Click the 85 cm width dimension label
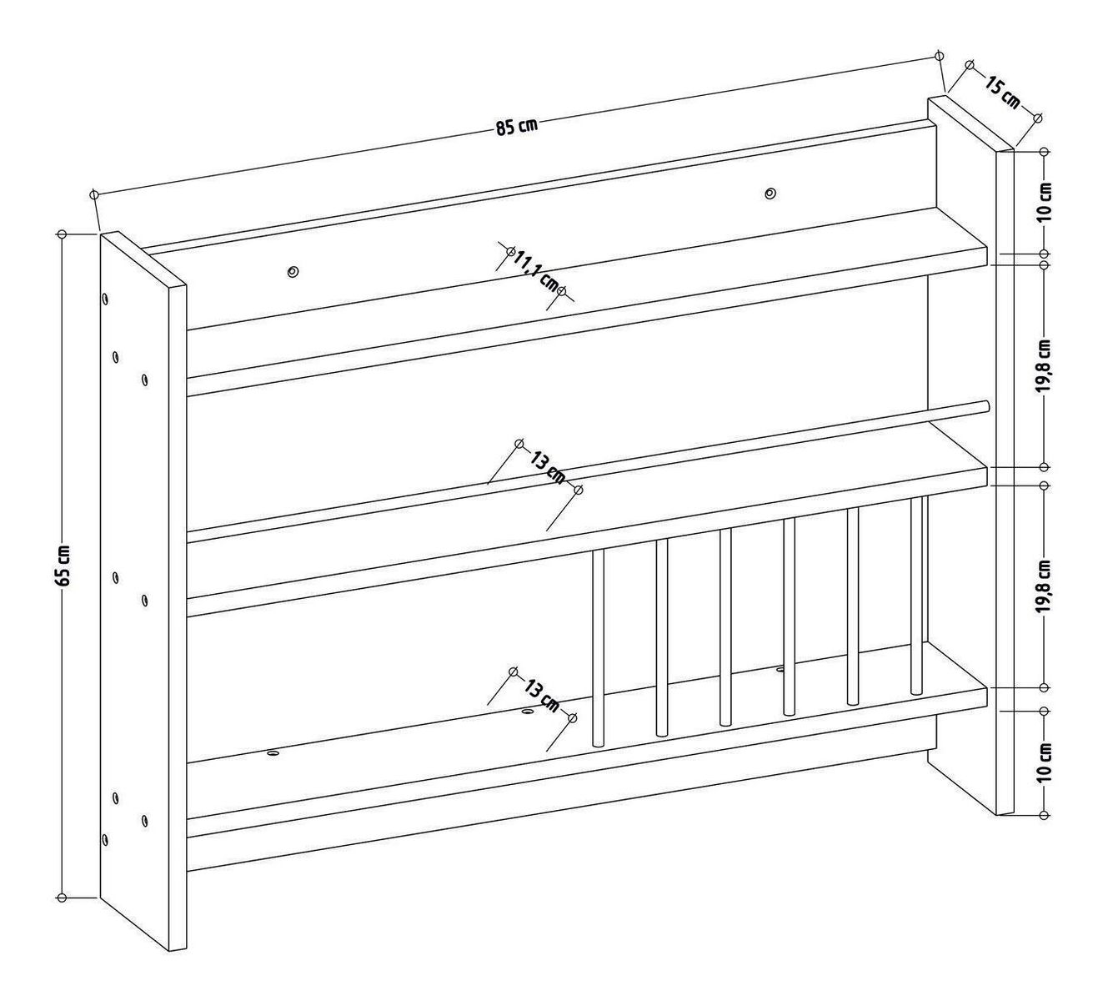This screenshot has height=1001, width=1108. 516,127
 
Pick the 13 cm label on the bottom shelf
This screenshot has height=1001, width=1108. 542,696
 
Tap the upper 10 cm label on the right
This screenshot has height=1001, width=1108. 1044,203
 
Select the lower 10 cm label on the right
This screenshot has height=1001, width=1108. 1044,763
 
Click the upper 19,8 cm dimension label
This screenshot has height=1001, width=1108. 1044,365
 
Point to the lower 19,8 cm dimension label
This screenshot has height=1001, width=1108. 1044,586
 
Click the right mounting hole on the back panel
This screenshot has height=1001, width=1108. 770,193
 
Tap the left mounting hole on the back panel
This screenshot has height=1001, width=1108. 293,271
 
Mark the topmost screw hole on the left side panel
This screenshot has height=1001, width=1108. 105,299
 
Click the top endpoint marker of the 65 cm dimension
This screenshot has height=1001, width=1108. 62,234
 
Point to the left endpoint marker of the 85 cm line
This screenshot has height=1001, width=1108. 94,194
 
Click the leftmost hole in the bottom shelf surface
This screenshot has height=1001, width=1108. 273,752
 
